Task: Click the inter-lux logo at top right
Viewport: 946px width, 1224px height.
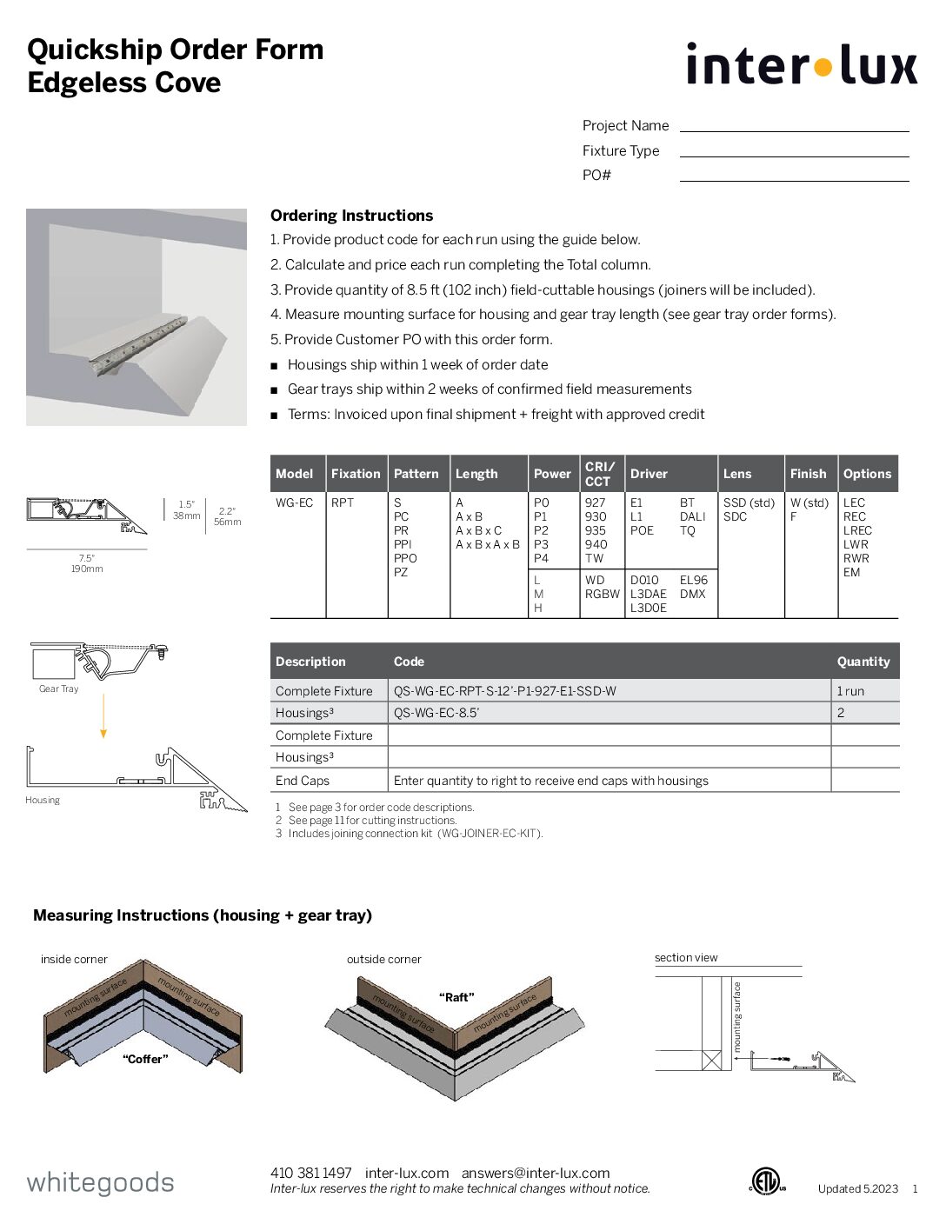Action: click(801, 65)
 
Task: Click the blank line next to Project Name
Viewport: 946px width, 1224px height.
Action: click(794, 126)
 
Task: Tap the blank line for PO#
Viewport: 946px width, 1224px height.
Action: click(794, 176)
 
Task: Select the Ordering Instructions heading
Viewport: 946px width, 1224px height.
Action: click(351, 216)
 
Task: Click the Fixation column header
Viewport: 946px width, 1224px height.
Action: click(356, 474)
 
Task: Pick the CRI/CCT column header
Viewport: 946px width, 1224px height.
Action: click(600, 474)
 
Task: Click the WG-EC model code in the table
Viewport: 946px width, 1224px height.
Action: click(294, 502)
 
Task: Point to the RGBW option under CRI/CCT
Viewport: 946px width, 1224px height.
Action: click(602, 594)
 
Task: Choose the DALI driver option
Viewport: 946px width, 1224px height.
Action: click(692, 516)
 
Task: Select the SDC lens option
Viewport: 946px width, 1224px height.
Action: click(735, 516)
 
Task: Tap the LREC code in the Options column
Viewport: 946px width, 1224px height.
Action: click(857, 530)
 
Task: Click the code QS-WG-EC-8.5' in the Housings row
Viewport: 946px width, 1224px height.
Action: click(436, 713)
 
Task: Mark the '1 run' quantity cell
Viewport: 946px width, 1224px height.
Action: click(850, 691)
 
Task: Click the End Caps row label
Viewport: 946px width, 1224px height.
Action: click(302, 781)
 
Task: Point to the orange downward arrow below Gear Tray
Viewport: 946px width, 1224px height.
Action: click(103, 716)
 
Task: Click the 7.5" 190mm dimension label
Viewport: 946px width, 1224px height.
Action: click(87, 563)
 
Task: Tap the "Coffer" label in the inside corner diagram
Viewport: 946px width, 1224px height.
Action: click(145, 1059)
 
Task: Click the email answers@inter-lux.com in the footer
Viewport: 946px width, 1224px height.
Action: click(536, 1173)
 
